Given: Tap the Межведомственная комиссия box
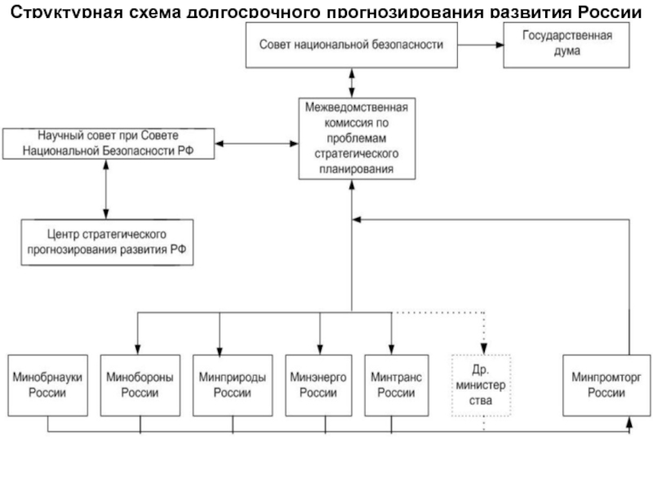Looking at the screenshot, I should tap(355, 138).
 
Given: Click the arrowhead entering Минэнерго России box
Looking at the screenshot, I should tap(320, 348).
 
